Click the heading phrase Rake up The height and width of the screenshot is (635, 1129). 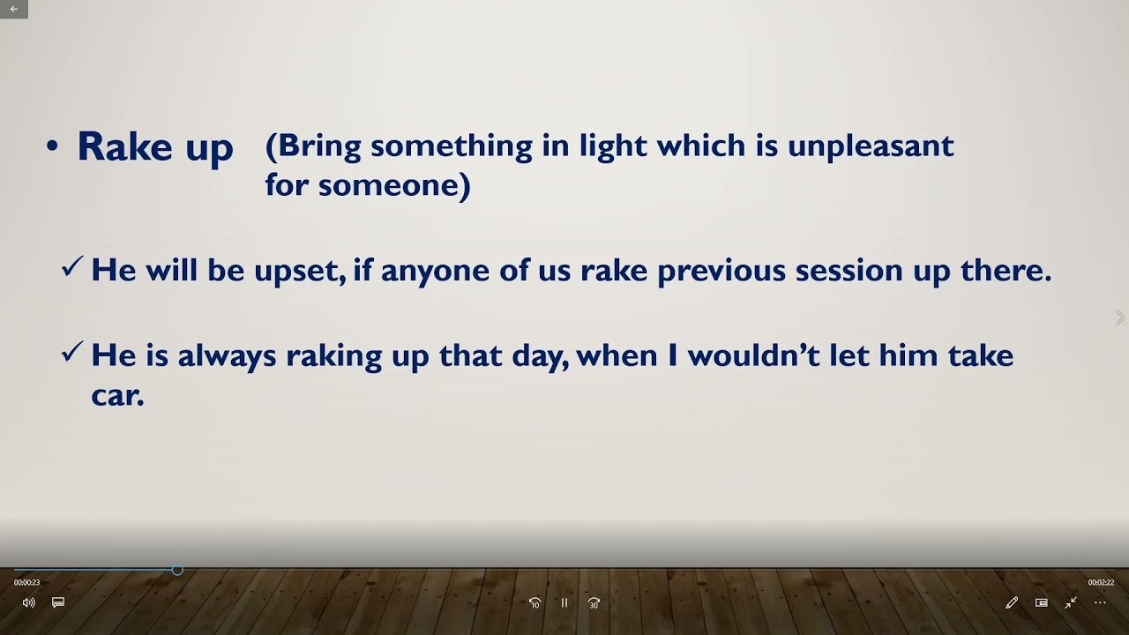[x=155, y=147]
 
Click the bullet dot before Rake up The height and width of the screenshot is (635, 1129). [x=52, y=147]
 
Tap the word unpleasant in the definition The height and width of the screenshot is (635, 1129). [x=871, y=146]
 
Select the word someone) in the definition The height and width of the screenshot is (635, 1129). [x=394, y=185]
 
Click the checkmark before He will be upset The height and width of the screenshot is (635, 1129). [x=72, y=267]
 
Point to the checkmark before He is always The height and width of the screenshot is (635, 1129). [x=72, y=353]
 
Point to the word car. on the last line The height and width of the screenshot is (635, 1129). [x=117, y=396]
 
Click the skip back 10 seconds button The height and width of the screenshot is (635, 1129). [x=535, y=603]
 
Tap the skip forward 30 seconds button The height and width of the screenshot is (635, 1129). [x=594, y=603]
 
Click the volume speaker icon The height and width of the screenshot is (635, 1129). [x=28, y=602]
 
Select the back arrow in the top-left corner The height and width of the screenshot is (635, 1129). [x=13, y=9]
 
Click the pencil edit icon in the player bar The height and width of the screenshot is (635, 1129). [x=1012, y=602]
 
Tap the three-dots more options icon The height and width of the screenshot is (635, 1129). [x=1100, y=602]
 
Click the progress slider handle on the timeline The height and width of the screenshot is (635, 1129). [x=177, y=571]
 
